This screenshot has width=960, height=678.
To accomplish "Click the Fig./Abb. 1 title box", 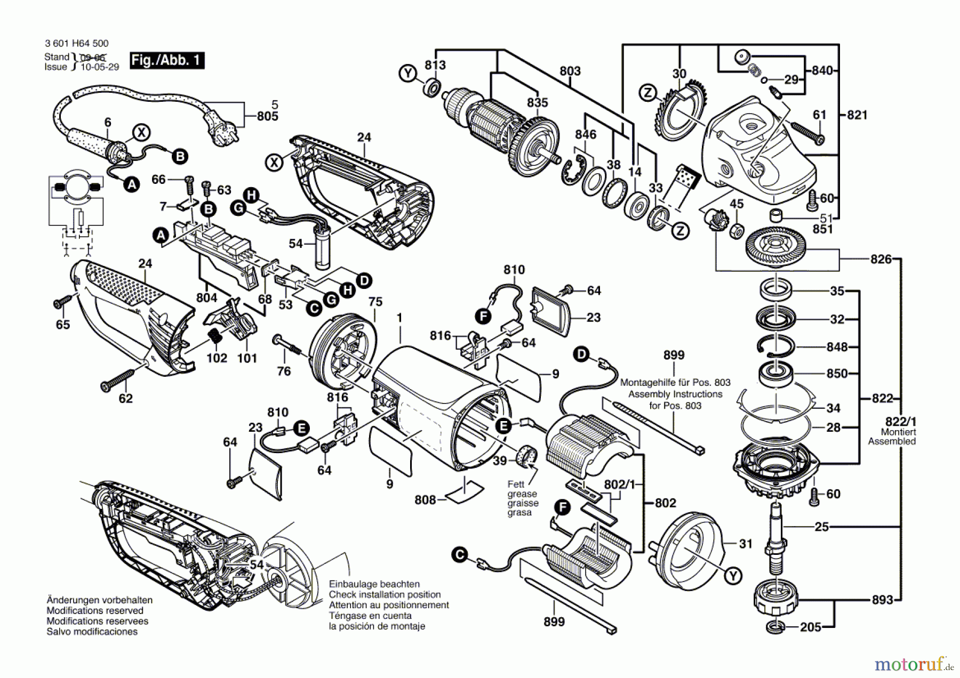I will (167, 60).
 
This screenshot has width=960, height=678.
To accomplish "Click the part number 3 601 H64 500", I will (77, 44).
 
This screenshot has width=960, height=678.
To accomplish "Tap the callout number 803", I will (570, 71).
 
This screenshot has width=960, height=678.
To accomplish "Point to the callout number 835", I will (538, 102).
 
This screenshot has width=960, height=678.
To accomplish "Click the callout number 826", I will (881, 259).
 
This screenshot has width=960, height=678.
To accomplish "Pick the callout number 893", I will (882, 600).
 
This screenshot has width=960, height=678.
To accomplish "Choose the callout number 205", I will (810, 627).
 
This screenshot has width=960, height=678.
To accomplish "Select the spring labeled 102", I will (215, 337).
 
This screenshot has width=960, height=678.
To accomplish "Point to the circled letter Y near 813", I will (408, 73).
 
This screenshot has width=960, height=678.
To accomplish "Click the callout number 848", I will (837, 347).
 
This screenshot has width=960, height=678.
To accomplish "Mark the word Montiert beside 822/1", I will (898, 432).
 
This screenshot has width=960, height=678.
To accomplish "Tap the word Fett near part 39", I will (516, 484).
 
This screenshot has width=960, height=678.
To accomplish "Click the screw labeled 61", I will (807, 133).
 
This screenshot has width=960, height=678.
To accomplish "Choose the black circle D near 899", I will (581, 354).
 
